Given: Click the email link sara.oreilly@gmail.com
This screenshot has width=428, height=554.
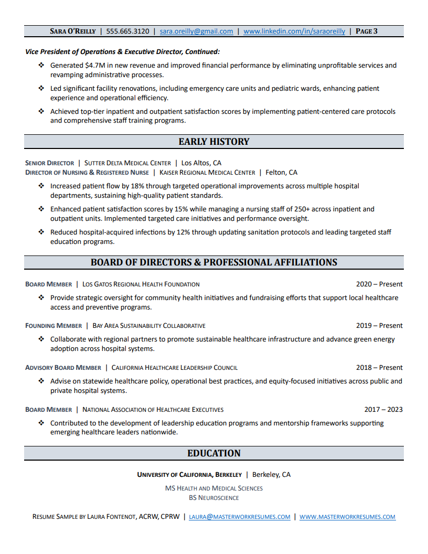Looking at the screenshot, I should (196, 31).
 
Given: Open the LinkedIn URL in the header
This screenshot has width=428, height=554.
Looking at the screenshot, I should (294, 31).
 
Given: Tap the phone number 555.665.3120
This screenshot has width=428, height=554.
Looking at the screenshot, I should (127, 31).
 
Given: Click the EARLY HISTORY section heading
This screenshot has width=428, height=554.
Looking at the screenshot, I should (214, 142).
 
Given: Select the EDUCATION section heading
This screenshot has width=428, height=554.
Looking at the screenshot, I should (214, 453).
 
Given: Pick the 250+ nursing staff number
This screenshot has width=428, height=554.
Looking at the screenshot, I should (294, 209).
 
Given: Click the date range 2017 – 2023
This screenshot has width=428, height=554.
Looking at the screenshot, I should (383, 410).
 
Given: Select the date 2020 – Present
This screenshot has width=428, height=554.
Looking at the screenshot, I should (379, 284).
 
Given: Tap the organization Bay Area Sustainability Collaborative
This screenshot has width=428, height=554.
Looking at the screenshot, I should (149, 326).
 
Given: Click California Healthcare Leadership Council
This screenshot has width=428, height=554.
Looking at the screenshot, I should (175, 368).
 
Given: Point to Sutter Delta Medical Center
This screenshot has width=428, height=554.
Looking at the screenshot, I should (127, 163).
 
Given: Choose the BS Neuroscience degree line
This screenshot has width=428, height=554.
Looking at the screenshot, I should (214, 498).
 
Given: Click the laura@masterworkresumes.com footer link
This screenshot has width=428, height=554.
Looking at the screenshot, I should (240, 517).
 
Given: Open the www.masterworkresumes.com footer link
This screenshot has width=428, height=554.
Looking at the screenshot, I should (347, 517).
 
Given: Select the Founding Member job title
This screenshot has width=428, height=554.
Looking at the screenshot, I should (53, 326).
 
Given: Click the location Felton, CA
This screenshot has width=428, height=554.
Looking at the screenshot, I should (282, 173).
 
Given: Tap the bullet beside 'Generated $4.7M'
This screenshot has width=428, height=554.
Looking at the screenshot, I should (41, 66).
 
